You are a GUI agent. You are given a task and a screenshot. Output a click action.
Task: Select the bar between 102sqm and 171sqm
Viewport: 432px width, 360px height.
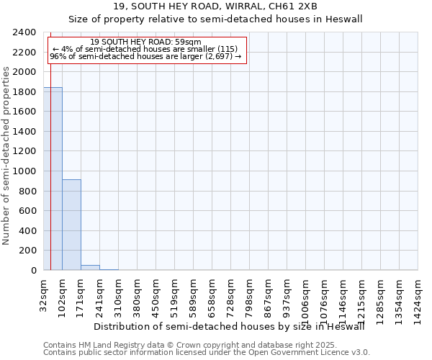pyautogui.click(x=71, y=225)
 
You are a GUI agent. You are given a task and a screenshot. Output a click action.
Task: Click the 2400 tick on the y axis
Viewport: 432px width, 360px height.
pyautogui.click(x=25, y=32)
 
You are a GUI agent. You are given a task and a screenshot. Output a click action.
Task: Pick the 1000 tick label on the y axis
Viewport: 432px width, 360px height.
pyautogui.click(x=25, y=171)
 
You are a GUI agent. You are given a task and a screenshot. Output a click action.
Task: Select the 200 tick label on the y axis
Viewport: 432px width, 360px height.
pyautogui.click(x=28, y=251)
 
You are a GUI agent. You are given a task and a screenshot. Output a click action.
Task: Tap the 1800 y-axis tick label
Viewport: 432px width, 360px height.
pyautogui.click(x=25, y=92)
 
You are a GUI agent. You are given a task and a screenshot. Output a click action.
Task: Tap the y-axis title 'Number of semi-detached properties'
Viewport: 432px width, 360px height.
pyautogui.click(x=7, y=155)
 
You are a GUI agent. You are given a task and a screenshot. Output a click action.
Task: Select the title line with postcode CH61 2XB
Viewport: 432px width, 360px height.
pyautogui.click(x=216, y=7)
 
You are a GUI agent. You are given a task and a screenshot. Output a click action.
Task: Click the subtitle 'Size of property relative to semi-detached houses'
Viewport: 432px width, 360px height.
pyautogui.click(x=216, y=19)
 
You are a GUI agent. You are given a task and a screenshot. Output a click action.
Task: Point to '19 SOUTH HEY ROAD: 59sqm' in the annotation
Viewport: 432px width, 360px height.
pyautogui.click(x=146, y=42)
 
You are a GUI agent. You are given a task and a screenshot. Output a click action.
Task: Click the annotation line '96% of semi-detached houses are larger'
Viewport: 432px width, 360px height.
pyautogui.click(x=146, y=57)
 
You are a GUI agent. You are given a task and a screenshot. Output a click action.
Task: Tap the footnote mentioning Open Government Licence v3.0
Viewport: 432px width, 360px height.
pyautogui.click(x=207, y=353)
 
